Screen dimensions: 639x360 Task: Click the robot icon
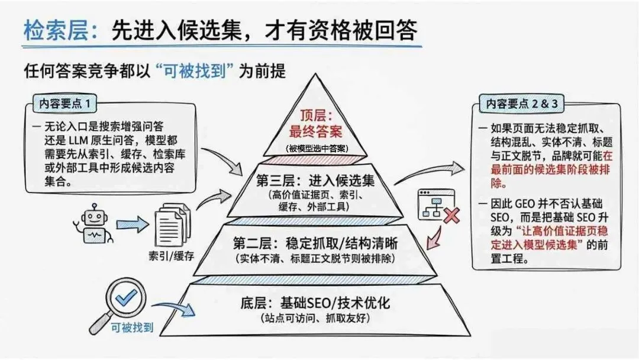[95, 226]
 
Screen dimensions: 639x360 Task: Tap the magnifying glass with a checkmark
[121, 301]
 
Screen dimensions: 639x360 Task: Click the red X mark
[451, 215]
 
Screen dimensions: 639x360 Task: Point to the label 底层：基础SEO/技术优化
[315, 303]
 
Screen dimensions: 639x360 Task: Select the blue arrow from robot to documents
[131, 224]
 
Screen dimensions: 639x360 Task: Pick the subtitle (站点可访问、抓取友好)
[315, 319]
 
